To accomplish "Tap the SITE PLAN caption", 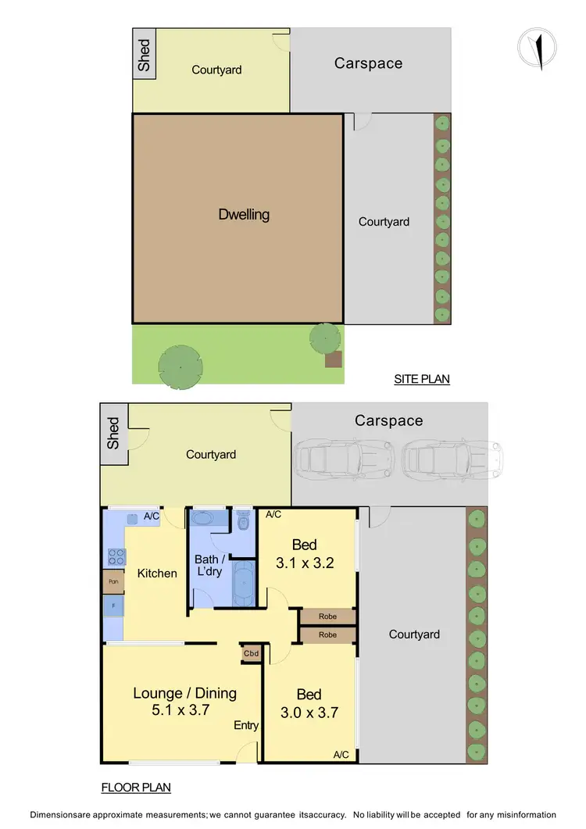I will (422, 380).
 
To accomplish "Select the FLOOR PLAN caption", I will (137, 788).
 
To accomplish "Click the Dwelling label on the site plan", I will (244, 214).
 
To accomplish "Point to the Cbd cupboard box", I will (252, 653).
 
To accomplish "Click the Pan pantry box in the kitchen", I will (113, 582).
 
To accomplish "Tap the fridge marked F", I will (113, 606).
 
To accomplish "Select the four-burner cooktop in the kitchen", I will (116, 556).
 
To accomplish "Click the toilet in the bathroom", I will (243, 520).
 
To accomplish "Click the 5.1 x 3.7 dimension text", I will (184, 710).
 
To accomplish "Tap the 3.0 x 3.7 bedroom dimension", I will (309, 712).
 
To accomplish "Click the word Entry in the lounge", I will (246, 726).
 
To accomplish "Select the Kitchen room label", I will (157, 573).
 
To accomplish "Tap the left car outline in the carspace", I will (343, 459).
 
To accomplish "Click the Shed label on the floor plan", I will (113, 434).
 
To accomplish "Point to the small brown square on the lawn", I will (334, 359).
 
